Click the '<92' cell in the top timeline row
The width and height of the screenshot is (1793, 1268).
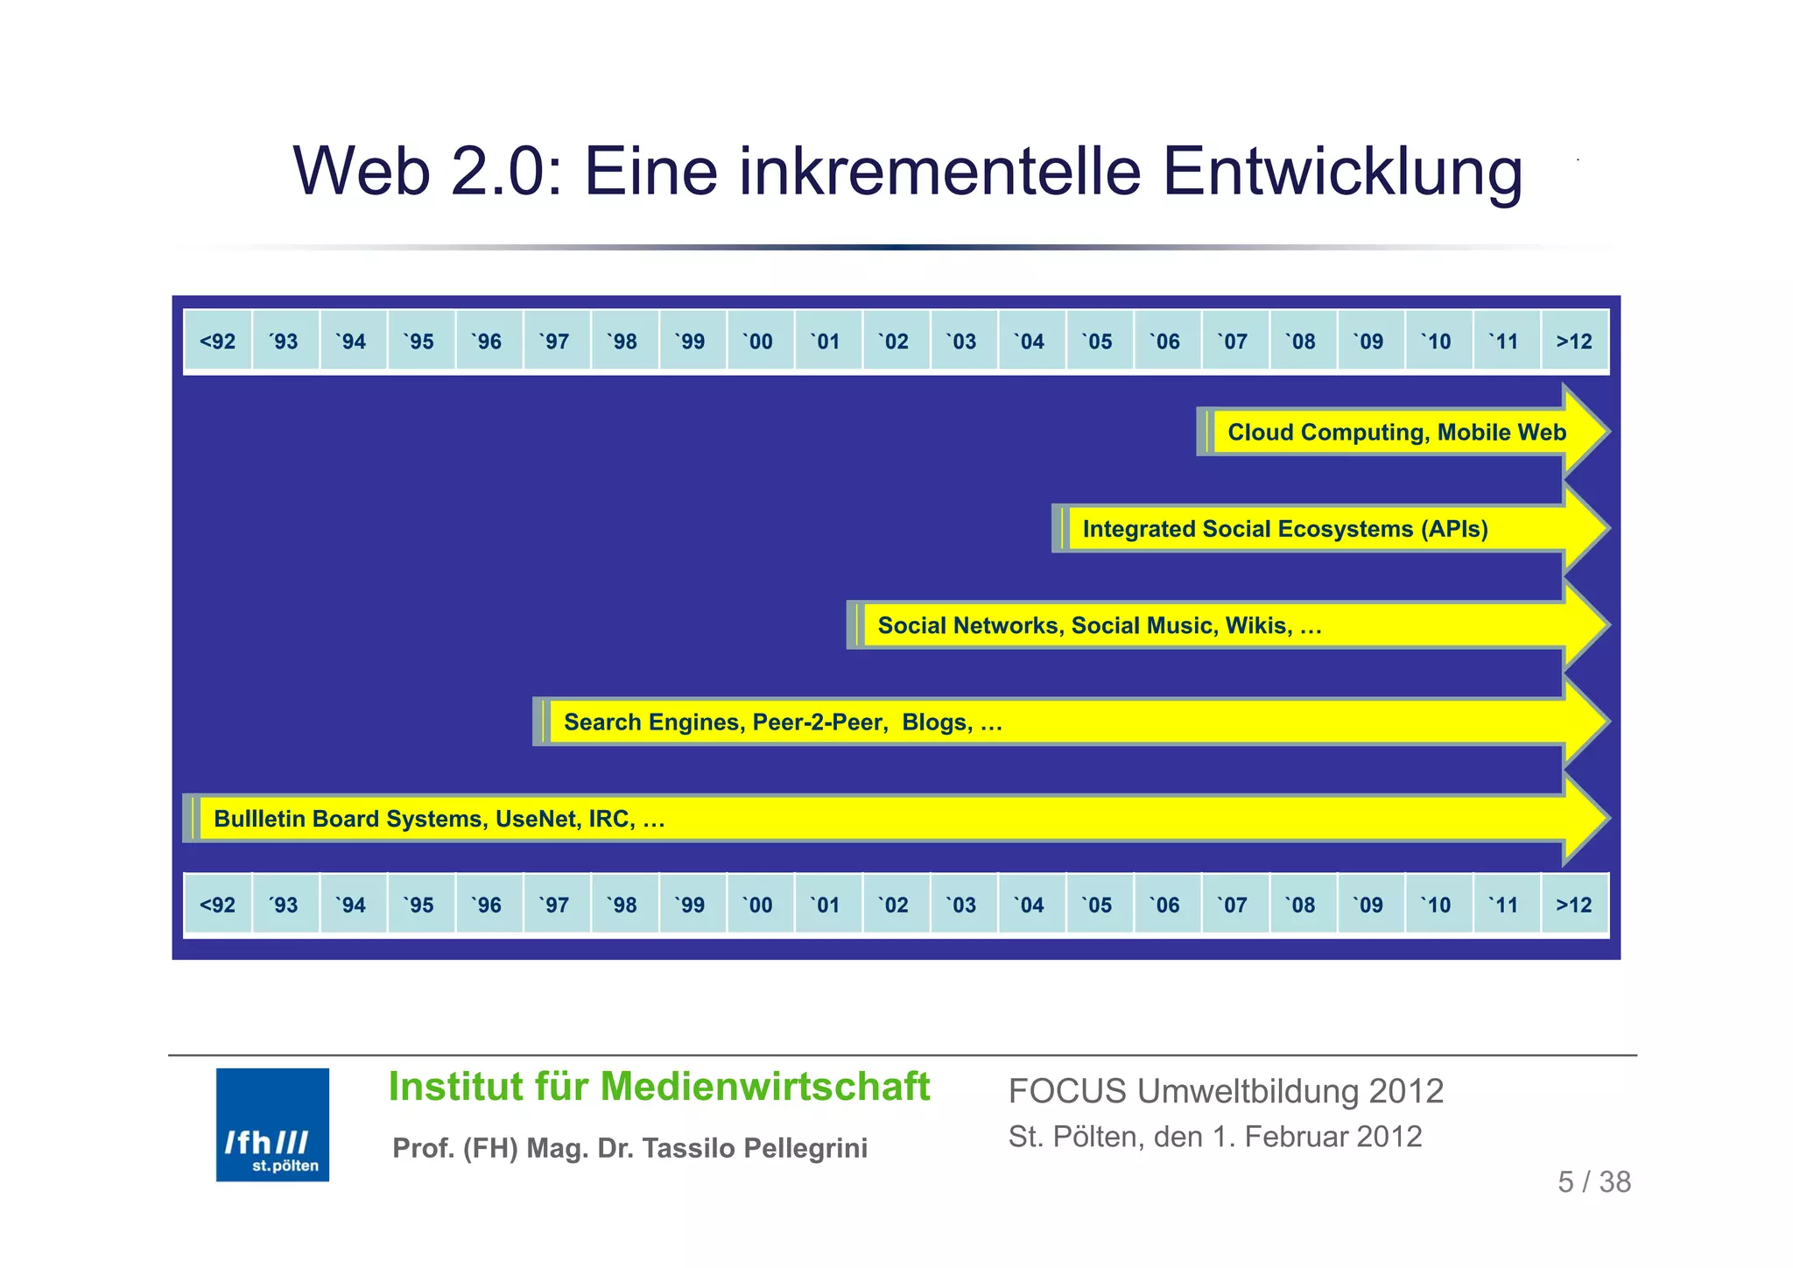(217, 341)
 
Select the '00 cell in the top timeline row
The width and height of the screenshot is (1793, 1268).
(760, 341)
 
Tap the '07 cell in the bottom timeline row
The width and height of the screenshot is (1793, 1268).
(1234, 905)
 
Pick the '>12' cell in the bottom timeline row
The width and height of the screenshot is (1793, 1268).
(1574, 905)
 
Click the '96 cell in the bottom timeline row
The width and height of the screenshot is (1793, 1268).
(489, 905)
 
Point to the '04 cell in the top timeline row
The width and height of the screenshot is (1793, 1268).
(1031, 341)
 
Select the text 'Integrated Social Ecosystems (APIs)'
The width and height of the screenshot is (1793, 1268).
(1285, 529)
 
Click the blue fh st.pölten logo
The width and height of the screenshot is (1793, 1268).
(272, 1124)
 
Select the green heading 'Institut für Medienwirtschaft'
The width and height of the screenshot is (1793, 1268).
(658, 1087)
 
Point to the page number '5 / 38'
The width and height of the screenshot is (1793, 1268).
(1594, 1182)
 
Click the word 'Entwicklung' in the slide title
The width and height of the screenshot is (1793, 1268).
(1342, 171)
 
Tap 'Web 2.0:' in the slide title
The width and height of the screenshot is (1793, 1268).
(427, 171)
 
